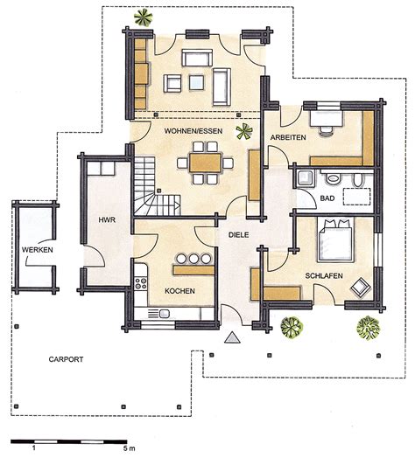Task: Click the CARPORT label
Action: (x=66, y=359)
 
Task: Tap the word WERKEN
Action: (x=37, y=250)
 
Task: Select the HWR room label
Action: (x=107, y=220)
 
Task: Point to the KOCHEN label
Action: (x=179, y=291)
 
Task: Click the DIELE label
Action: (x=238, y=235)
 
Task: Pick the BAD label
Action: (x=327, y=198)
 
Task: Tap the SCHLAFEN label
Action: (x=324, y=275)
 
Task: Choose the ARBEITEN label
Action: (x=288, y=137)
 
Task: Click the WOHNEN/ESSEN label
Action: (x=193, y=131)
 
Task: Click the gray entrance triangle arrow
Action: (x=232, y=337)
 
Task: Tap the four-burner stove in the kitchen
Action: (x=141, y=283)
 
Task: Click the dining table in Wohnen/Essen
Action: (x=205, y=163)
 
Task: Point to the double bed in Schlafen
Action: (x=335, y=239)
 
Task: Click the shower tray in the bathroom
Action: (x=305, y=178)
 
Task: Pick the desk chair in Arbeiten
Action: (x=327, y=131)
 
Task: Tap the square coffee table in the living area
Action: (x=196, y=82)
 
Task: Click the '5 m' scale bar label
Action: (x=130, y=448)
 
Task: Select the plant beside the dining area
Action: (x=244, y=131)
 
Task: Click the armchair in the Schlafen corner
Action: (x=361, y=288)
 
